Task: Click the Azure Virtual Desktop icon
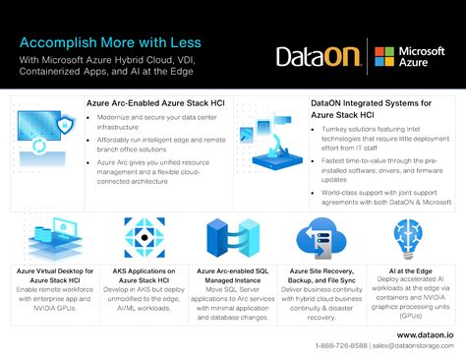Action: point(55,238)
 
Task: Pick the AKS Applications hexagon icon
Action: point(146,238)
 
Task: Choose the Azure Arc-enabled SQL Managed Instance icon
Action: point(232,238)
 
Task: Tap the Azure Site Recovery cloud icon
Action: point(320,238)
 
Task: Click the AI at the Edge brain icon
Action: point(407,238)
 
